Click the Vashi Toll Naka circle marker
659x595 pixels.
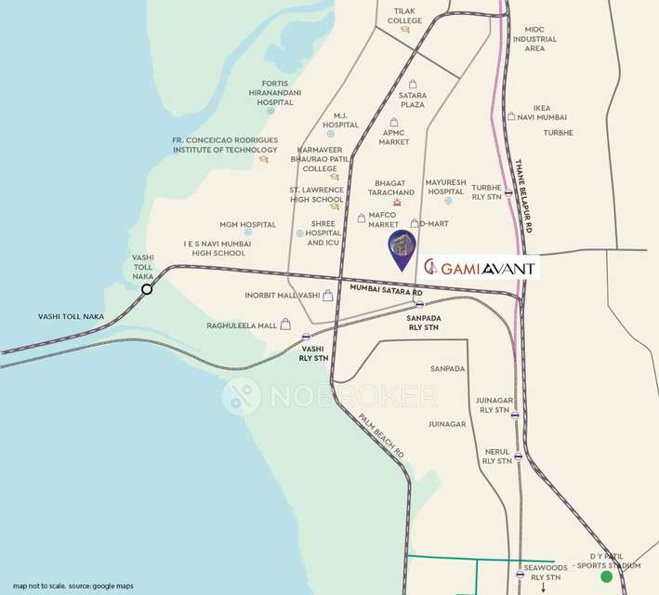147,289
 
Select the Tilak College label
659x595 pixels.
404,15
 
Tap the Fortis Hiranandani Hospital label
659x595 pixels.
269,92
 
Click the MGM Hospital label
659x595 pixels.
247,224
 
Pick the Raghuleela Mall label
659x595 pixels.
243,326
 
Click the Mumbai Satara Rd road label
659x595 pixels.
386,290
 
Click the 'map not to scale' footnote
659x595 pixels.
73,586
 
